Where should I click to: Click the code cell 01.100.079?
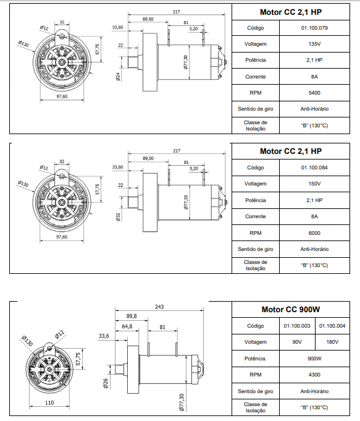(x=314, y=28)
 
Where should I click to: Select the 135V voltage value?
(x=314, y=44)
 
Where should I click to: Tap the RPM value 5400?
(x=314, y=93)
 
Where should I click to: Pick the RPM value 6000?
(x=314, y=233)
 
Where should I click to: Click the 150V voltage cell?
(x=314, y=184)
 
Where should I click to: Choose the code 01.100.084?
(x=314, y=168)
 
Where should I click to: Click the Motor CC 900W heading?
(x=291, y=310)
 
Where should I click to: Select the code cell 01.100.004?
(x=332, y=326)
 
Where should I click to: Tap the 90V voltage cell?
(x=297, y=342)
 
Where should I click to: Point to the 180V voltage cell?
(x=332, y=342)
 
